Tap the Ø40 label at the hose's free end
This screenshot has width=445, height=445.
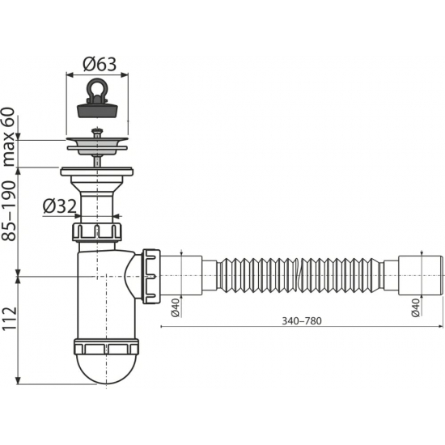[x=415, y=308]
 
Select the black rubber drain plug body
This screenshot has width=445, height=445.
[x=96, y=113]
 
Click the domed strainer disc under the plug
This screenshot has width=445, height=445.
[x=96, y=144]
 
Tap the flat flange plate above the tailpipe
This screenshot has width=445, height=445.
[x=96, y=172]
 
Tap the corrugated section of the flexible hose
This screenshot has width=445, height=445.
[x=299, y=276]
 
